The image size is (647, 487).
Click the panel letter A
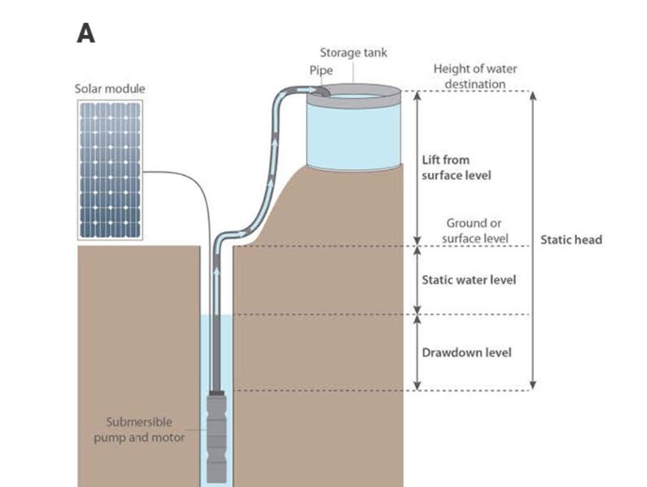tap(86, 34)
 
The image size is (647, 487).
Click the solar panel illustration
tap(110, 169)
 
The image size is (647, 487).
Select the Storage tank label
tap(353, 53)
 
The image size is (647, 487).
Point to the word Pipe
tap(321, 71)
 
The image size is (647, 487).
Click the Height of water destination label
tap(475, 76)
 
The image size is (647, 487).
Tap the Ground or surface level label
tap(474, 231)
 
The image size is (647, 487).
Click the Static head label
tap(571, 240)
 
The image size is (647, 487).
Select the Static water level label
tap(468, 280)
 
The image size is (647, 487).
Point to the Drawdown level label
tap(466, 353)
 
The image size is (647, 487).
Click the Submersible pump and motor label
tap(139, 429)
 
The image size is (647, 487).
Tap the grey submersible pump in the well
tap(217, 436)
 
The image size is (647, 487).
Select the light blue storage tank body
tap(353, 132)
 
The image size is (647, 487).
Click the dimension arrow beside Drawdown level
tap(418, 353)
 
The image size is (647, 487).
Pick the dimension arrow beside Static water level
tap(418, 280)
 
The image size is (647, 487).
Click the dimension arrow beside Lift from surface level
tap(418, 168)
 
